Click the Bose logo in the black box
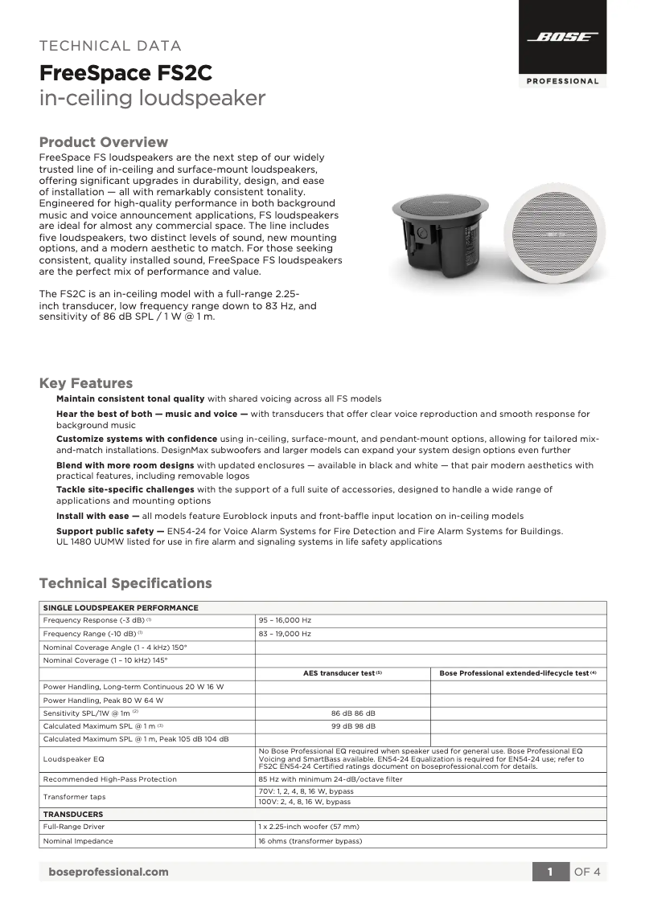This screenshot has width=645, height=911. click(562, 38)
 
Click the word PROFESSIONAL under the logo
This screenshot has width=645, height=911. click(562, 81)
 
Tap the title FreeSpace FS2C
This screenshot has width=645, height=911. click(126, 74)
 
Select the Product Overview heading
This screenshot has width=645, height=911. click(104, 142)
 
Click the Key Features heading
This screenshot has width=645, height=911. click(86, 383)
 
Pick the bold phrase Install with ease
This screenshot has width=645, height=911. click(97, 516)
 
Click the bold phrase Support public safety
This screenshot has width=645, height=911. click(109, 531)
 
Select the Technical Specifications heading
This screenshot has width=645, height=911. click(125, 583)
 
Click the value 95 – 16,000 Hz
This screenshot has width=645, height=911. click(285, 621)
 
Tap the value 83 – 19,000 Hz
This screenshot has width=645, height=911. click(285, 634)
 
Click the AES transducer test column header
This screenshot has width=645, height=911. click(343, 673)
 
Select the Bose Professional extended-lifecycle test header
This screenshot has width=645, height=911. click(518, 673)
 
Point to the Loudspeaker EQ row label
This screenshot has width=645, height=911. click(73, 758)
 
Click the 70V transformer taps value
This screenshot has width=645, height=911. click(306, 792)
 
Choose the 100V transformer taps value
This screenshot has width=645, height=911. click(306, 802)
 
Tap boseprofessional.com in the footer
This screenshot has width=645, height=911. click(109, 872)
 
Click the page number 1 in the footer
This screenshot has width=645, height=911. click(550, 872)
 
